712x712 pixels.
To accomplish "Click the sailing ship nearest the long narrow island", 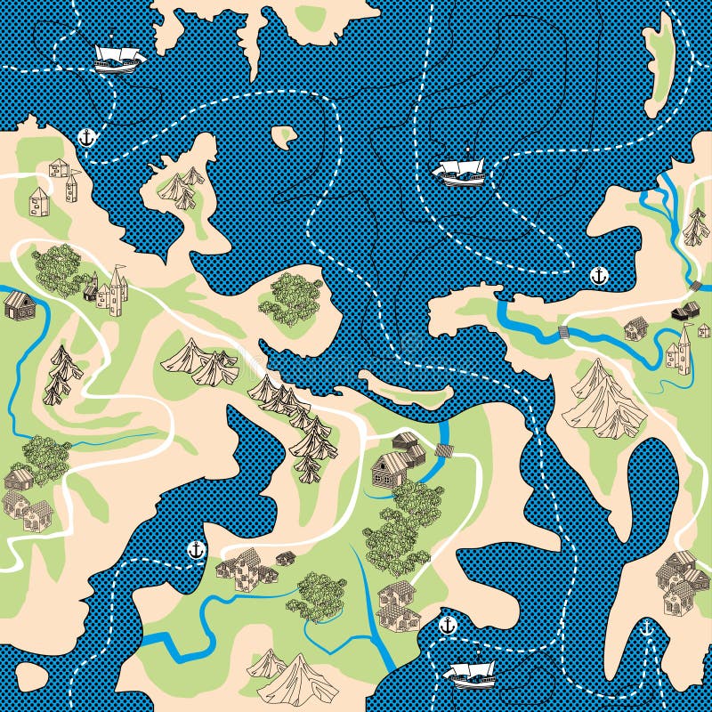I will click(458, 169).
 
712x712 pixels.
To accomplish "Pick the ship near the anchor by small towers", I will click(117, 58).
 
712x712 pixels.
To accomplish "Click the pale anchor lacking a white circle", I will click(647, 630).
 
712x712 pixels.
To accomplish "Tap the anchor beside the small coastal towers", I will click(86, 137).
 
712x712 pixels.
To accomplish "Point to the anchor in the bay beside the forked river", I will click(599, 276).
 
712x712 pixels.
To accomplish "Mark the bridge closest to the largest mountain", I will click(562, 333).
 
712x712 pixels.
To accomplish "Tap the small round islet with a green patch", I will click(284, 136).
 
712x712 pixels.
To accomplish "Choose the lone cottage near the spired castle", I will click(635, 328).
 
